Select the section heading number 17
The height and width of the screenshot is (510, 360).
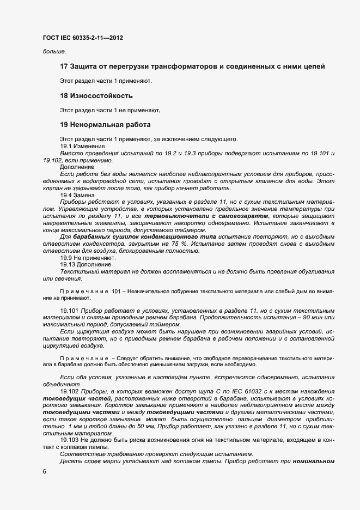coord(64,66)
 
